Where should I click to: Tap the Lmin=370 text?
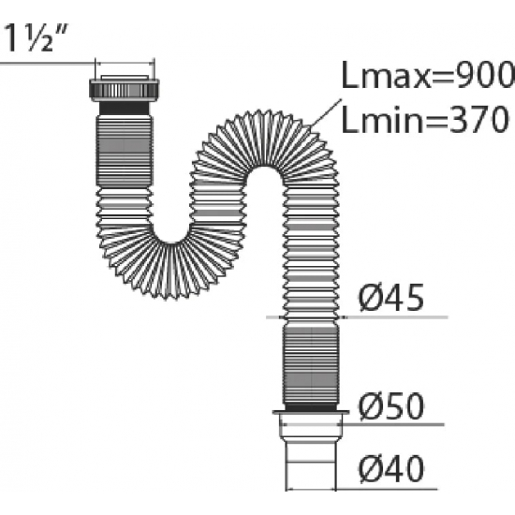click(426, 120)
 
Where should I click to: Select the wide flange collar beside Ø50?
click(311, 413)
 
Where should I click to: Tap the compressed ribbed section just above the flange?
click(311, 365)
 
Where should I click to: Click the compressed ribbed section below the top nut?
click(125, 150)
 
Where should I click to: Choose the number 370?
click(479, 120)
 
